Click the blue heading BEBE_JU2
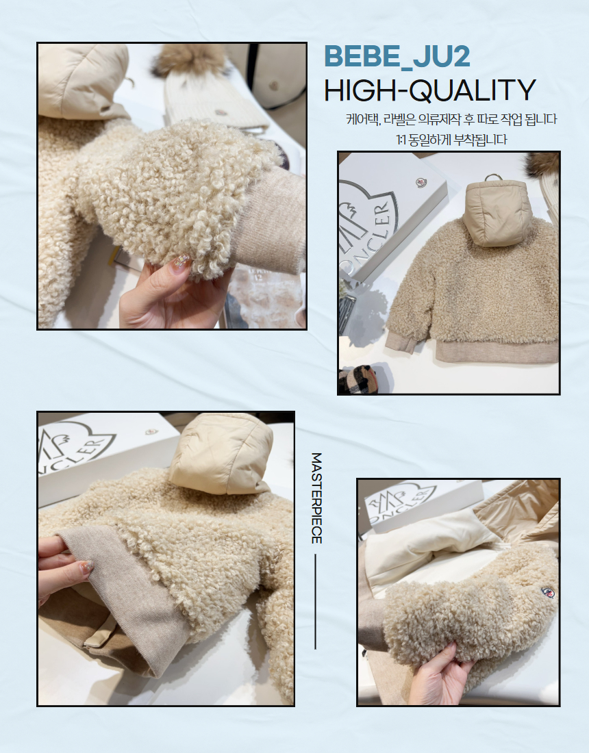397,57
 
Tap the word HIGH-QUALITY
430,89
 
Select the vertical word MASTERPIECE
316,498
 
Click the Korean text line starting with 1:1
451,140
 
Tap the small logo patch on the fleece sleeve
547,592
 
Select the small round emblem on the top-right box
421,183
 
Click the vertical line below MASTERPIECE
316,601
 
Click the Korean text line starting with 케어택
451,118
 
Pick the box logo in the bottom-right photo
401,501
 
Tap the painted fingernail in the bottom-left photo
87,567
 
